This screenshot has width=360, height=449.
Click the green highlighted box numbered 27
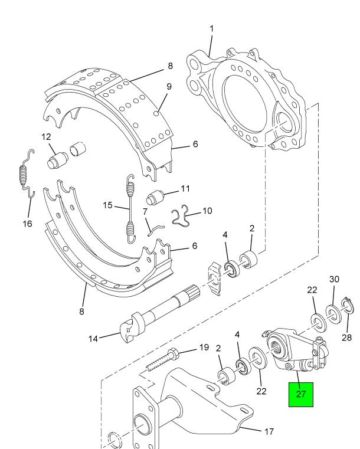tap(301, 394)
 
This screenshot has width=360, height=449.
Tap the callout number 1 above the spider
tap(212, 29)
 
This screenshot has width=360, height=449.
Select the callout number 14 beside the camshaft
tap(93, 339)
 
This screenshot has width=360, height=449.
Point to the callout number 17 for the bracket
tap(269, 431)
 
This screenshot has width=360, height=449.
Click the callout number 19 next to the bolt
tap(204, 348)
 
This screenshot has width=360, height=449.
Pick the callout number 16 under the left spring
tap(28, 224)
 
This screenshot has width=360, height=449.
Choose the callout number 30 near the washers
tap(334, 279)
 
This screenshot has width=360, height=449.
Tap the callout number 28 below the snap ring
tap(346, 337)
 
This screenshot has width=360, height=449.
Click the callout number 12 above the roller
tap(46, 137)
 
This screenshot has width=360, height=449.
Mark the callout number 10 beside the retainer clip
tap(207, 211)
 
